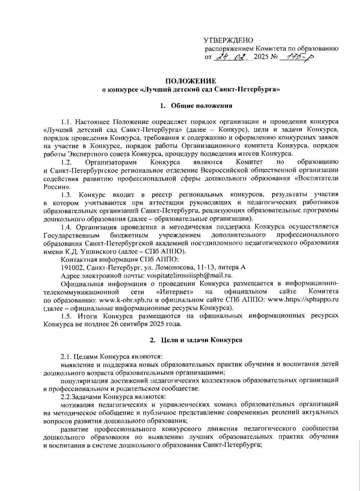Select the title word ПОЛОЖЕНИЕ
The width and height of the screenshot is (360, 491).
tap(191, 81)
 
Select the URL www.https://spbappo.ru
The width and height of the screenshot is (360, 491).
tap(303, 300)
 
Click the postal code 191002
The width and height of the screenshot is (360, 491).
tap(70, 267)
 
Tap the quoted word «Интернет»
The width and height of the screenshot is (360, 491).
tap(175, 291)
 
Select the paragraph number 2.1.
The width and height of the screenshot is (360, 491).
tap(66, 357)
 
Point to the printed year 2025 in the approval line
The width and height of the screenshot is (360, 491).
tap(260, 57)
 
